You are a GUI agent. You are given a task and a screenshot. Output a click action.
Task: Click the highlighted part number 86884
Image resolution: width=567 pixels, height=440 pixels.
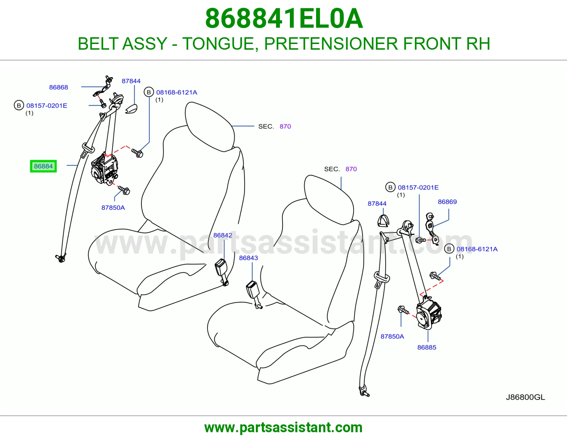[x=43, y=166]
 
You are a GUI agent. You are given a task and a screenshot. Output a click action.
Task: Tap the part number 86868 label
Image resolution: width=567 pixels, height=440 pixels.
[x=58, y=87]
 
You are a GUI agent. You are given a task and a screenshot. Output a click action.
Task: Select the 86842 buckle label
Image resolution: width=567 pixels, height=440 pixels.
[x=223, y=235]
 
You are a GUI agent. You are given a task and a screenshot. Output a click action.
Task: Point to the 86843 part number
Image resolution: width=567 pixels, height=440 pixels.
[x=248, y=258]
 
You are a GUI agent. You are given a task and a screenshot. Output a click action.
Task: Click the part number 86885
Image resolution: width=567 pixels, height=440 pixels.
[x=427, y=347]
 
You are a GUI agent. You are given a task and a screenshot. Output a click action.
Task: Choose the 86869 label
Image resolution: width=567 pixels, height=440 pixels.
[x=447, y=202]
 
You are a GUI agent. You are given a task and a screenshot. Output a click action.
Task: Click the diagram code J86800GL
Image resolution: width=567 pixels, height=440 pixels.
[x=525, y=397]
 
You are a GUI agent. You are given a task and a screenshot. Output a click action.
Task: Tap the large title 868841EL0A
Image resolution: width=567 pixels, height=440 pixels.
[x=284, y=18]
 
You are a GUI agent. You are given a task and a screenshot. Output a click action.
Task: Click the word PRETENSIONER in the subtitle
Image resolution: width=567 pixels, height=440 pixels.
[x=331, y=44]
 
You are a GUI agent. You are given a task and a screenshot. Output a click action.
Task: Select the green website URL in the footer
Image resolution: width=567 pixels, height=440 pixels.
[x=283, y=428]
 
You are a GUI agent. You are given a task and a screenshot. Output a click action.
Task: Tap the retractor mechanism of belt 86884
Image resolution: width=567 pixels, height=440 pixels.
[x=104, y=169]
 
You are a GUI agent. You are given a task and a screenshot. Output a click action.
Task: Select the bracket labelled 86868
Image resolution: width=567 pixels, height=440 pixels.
[x=103, y=87]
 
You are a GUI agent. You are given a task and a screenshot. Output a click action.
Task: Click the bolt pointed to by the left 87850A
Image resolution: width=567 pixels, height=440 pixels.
[x=124, y=190]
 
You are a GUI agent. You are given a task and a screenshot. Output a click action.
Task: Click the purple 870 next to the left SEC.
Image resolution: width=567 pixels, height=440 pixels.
[x=285, y=126]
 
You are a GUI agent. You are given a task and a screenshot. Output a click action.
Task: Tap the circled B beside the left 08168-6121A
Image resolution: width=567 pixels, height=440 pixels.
[x=149, y=92]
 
